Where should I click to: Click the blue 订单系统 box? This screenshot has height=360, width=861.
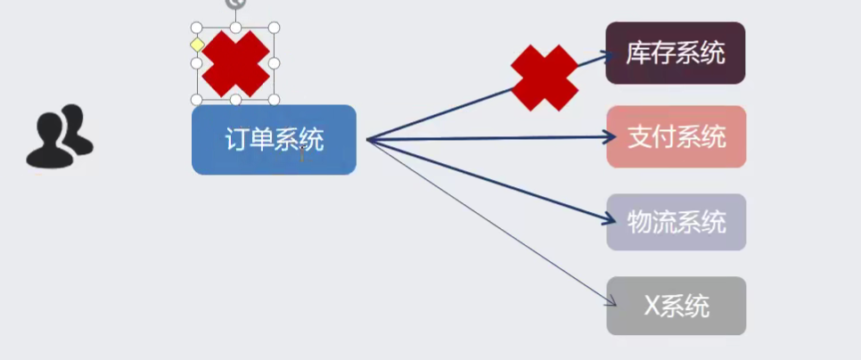pos(274,140)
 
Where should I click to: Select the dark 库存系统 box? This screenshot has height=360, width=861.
pos(676,53)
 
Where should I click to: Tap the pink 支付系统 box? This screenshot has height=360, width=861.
pos(676,136)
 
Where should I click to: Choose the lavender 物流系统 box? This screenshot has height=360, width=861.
pos(676,222)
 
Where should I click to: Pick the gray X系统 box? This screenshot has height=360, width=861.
pos(676,306)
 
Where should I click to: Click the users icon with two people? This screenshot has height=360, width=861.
pos(60,136)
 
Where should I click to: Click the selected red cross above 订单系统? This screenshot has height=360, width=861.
pos(235,63)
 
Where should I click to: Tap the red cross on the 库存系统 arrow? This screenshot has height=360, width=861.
pos(545,78)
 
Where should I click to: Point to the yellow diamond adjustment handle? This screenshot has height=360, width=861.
pos(197,45)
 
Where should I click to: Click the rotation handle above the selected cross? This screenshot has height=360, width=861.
pos(235,4)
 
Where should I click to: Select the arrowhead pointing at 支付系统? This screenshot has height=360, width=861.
pos(609,136)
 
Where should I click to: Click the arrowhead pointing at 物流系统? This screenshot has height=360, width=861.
pos(610,219)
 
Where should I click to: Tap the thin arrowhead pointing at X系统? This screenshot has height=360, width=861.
pos(611,299)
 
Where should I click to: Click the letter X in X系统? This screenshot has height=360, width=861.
pos(652,307)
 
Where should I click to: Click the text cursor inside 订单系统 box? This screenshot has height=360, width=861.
pos(302,154)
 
